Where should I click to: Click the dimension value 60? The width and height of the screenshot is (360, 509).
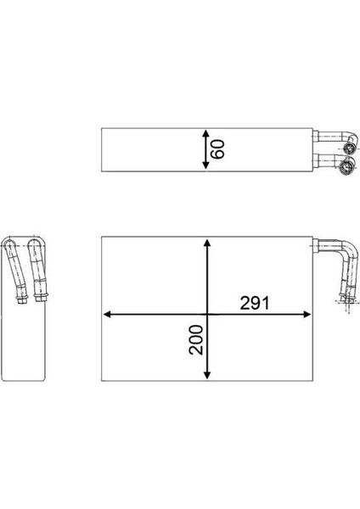(217, 149)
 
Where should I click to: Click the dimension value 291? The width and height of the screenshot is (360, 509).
(255, 304)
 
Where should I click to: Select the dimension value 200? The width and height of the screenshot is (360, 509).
(196, 339)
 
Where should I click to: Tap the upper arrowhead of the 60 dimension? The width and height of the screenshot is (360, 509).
(205, 134)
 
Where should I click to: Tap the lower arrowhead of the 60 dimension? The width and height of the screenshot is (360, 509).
(205, 165)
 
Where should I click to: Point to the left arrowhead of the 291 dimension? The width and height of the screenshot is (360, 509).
(108, 314)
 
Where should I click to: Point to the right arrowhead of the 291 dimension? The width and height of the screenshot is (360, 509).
(307, 314)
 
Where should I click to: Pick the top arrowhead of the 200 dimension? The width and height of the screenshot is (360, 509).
(207, 243)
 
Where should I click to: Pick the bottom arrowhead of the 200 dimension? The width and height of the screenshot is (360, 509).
(207, 375)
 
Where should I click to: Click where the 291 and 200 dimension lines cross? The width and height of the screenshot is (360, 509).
(207, 314)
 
